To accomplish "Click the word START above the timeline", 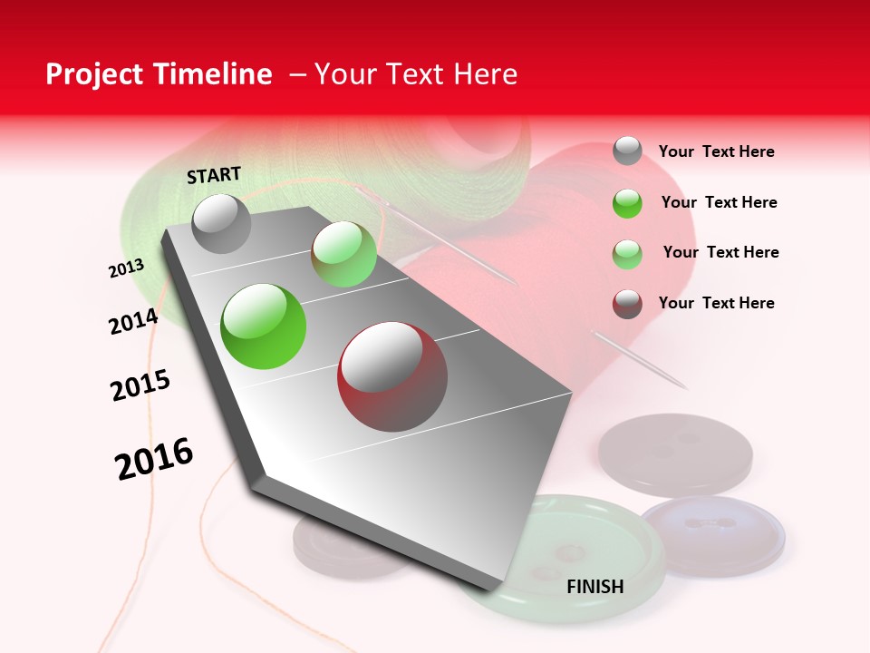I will (214, 175).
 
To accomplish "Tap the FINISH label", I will (594, 587).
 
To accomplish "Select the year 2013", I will (126, 268).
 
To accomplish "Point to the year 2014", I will (133, 321).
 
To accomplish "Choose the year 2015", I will (140, 385).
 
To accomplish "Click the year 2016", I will (154, 458).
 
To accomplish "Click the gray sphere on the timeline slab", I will (221, 223).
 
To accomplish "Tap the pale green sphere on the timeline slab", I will (343, 254).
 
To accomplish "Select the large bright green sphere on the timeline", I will (264, 326).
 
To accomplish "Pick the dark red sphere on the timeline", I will (392, 376).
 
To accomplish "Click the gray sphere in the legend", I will (627, 151).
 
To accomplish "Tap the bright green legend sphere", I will (627, 203).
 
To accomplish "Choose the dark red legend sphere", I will (627, 304).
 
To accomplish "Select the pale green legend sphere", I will (627, 254).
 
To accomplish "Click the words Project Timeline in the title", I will (159, 74).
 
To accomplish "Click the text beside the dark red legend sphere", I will (716, 303).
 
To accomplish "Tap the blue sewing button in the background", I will (712, 535).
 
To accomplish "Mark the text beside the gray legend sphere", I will (716, 151).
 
